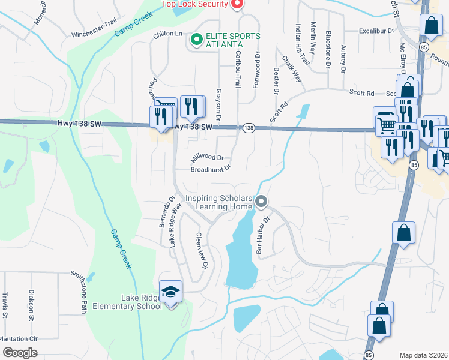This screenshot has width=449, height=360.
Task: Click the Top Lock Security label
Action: [194, 4]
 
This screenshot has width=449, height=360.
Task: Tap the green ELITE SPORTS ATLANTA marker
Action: [196, 40]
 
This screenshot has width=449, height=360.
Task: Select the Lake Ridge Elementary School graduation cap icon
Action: [170, 292]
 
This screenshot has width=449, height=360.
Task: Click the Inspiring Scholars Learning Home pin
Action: [261, 202]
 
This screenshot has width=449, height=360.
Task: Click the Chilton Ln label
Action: [167, 34]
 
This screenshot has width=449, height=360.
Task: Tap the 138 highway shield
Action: [249, 128]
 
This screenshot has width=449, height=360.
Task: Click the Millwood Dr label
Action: [206, 158]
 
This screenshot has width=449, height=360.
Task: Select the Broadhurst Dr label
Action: [211, 170]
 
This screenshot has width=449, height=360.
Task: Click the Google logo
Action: [20, 353]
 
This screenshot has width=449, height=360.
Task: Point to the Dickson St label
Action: [31, 304]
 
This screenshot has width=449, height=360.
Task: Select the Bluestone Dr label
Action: [328, 47]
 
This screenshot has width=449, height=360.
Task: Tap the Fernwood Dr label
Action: [256, 70]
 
